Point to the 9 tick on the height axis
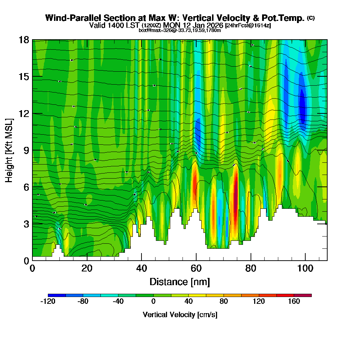point(32,150)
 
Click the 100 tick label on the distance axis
point(305,268)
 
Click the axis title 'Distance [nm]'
point(180,281)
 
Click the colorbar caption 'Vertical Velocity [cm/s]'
point(180,315)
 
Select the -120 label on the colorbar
point(48,302)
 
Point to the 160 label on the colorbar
point(294,302)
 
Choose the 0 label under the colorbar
point(153,302)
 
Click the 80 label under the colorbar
point(224,302)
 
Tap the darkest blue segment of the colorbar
point(57,295)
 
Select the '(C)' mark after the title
point(311,18)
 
